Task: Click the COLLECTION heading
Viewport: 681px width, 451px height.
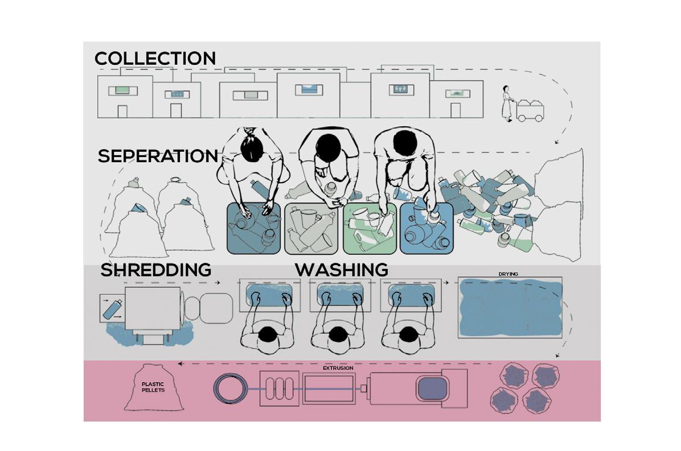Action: (155, 59)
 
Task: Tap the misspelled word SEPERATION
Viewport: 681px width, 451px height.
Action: (158, 156)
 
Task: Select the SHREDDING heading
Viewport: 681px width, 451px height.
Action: (155, 270)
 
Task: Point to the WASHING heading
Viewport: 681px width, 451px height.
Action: (341, 270)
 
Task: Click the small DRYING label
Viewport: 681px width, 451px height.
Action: (508, 274)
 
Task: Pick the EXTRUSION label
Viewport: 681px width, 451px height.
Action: (338, 368)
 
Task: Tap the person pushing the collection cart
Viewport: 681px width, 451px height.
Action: (506, 102)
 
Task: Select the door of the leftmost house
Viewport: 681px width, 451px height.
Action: (126, 110)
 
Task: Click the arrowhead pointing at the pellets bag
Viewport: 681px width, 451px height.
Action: (180, 363)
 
